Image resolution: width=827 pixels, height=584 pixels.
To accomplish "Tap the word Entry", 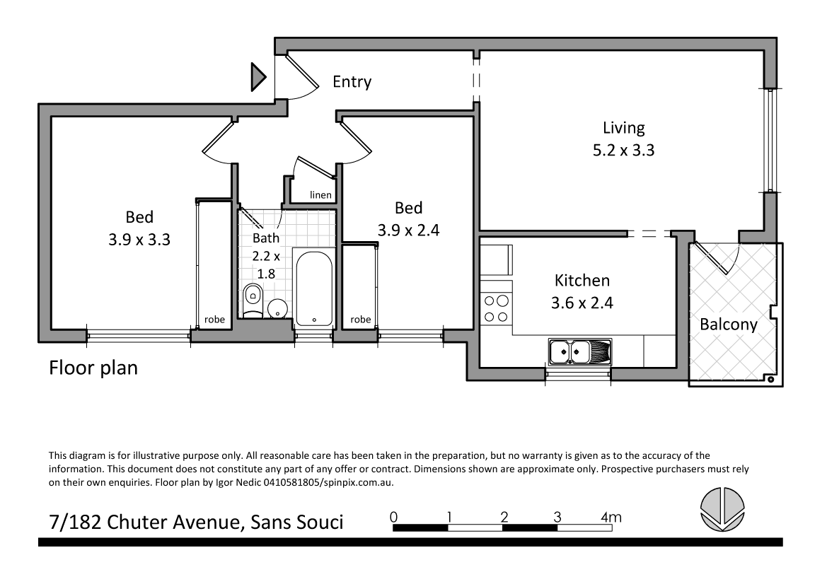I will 352,82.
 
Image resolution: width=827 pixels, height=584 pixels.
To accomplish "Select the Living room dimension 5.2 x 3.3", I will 623,150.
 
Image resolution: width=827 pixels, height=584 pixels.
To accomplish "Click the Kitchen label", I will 582,281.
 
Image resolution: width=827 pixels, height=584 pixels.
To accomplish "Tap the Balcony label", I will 728,325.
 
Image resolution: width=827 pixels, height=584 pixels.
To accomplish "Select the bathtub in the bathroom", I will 313,288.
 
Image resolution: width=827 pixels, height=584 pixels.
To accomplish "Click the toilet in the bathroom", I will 252,300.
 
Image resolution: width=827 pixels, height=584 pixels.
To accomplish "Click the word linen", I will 320,195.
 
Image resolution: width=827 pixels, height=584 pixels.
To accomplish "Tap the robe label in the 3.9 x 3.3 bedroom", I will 214,320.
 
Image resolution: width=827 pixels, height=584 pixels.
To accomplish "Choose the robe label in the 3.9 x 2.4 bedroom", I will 360,320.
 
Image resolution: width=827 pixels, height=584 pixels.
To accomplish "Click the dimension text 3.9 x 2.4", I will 408,230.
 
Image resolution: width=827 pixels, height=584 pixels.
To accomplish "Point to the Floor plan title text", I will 93,368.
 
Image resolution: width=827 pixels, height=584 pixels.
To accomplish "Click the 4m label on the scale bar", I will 611,518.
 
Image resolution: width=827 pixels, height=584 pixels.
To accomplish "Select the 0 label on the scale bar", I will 393,516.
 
